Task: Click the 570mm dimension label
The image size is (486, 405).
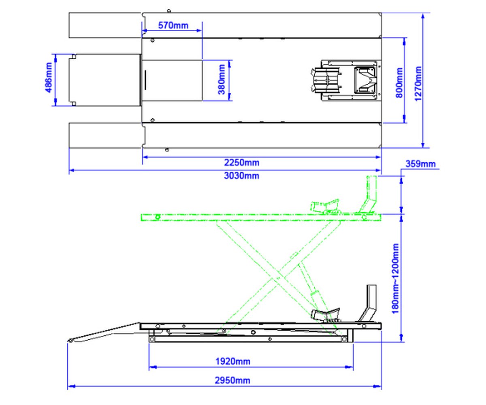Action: pyautogui.click(x=173, y=25)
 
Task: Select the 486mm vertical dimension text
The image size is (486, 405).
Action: pyautogui.click(x=49, y=77)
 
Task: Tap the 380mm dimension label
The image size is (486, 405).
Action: pyautogui.click(x=222, y=80)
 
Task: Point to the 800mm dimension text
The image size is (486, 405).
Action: pyautogui.click(x=399, y=83)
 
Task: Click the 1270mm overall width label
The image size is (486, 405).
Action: pyautogui.click(x=418, y=83)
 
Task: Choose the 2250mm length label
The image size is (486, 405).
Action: pyautogui.click(x=242, y=162)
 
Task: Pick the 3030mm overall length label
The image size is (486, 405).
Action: pyautogui.click(x=242, y=175)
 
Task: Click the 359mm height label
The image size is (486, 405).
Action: pyautogui.click(x=420, y=164)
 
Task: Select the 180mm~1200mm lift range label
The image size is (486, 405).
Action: pyautogui.click(x=396, y=279)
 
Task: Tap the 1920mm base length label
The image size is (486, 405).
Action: pyautogui.click(x=233, y=362)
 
